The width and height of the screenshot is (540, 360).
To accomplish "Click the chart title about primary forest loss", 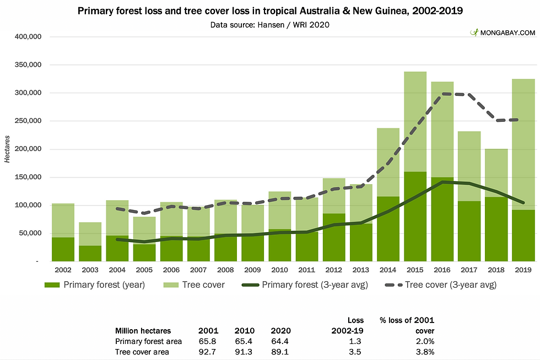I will [269, 11].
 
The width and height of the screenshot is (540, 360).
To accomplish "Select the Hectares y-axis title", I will [7, 149].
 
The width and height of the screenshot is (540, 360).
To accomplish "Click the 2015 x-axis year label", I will [415, 271].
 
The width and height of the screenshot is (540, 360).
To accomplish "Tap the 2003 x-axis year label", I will [90, 271].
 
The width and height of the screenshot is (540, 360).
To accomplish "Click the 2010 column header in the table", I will [244, 331].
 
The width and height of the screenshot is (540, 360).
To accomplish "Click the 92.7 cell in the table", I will [208, 352].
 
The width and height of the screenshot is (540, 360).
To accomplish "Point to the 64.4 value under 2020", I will [280, 341].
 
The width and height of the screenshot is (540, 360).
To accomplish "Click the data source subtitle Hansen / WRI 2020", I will [269, 25].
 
